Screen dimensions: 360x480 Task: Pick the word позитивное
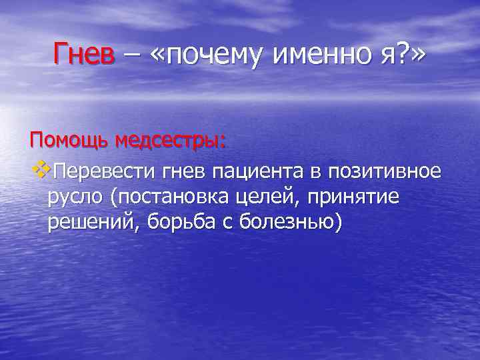[384, 171]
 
